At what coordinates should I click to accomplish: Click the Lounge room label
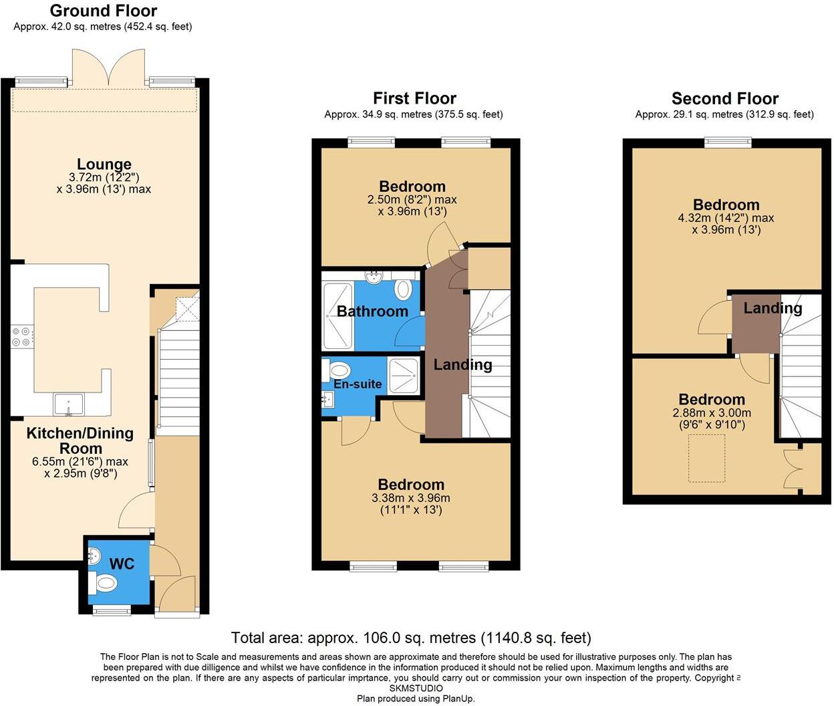[104, 164]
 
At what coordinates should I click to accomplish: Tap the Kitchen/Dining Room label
[80, 441]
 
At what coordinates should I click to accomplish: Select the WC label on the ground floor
[122, 564]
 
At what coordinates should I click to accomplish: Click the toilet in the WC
[105, 584]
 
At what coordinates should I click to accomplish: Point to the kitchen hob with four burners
[21, 336]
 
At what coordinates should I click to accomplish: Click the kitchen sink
[69, 404]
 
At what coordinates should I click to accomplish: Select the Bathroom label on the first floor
[372, 312]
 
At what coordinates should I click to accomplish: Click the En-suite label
[358, 384]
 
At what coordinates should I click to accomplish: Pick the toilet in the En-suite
[339, 370]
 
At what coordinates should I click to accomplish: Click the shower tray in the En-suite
[404, 376]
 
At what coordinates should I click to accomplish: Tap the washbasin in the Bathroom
[374, 276]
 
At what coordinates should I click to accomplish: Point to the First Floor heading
[414, 98]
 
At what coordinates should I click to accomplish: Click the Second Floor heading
[725, 99]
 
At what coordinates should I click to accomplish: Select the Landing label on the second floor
[773, 308]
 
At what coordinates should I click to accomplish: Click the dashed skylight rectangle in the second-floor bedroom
[707, 458]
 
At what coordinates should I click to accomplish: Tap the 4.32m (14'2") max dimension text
[726, 218]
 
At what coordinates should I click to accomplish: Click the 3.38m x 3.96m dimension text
[410, 498]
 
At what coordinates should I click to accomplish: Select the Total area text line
[411, 638]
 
